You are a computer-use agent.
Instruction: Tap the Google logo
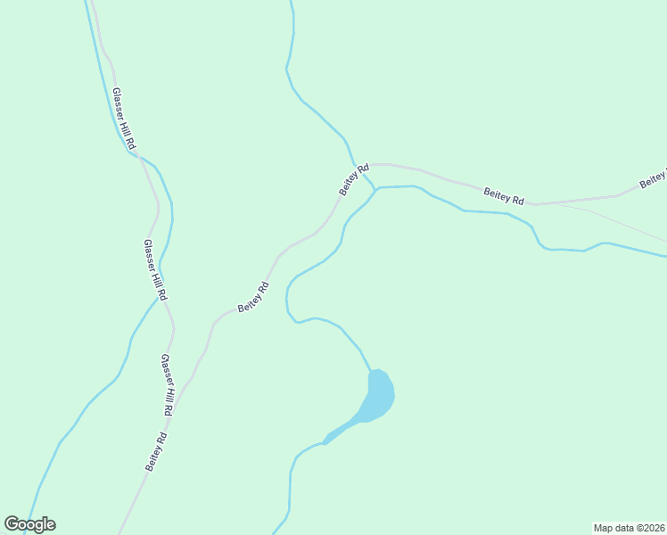pyautogui.click(x=29, y=524)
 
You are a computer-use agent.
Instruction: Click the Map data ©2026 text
pyautogui.click(x=630, y=527)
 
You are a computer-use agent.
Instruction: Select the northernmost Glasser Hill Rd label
pyautogui.click(x=124, y=118)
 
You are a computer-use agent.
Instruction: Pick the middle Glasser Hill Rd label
pyautogui.click(x=155, y=269)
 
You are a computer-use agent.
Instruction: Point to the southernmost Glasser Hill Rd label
pyautogui.click(x=167, y=385)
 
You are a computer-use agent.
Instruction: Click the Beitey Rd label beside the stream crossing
pyautogui.click(x=354, y=180)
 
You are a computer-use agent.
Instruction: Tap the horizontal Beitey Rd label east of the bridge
pyautogui.click(x=504, y=195)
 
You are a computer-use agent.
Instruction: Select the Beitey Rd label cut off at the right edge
pyautogui.click(x=653, y=180)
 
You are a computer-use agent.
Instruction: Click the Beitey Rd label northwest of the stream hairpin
pyautogui.click(x=254, y=297)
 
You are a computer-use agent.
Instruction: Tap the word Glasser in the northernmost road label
pyautogui.click(x=119, y=104)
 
